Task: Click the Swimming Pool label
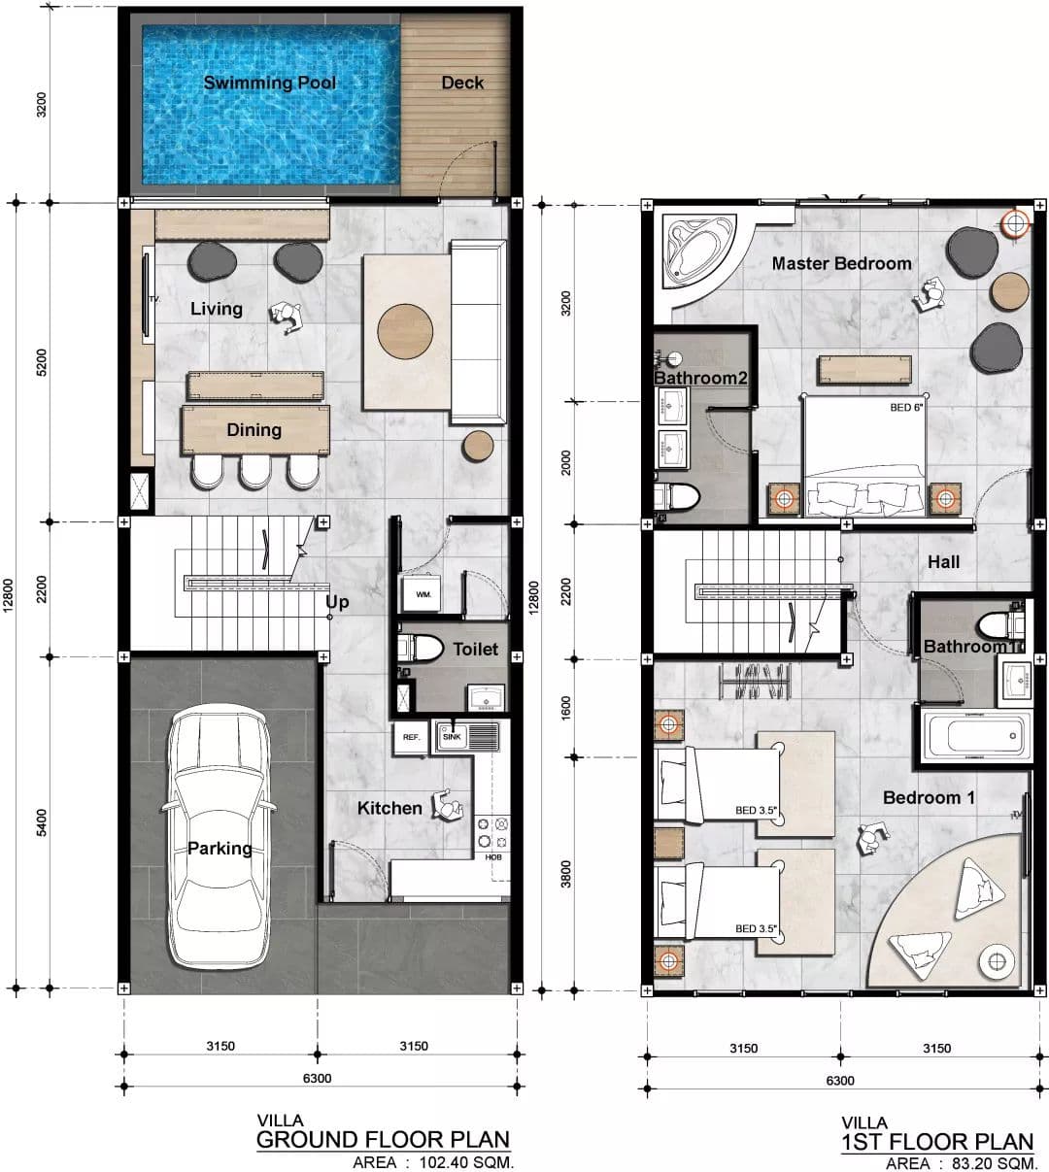pos(270,83)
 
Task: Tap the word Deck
pos(462,83)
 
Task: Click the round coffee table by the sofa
pos(405,331)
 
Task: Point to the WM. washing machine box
pos(422,593)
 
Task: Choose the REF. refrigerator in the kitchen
pos(411,738)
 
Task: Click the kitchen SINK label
pos(452,737)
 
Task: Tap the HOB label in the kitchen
pos(493,856)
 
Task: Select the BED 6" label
pos(906,407)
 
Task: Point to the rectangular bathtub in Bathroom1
pos(977,736)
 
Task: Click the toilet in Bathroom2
pos(677,497)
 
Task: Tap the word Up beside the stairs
pos(337,602)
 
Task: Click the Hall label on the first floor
pos(944,561)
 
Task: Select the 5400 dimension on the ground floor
pos(42,822)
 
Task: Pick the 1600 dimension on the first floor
pos(566,708)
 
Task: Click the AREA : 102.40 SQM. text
pos(433,1161)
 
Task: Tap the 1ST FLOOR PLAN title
pos(937,1142)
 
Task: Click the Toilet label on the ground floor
pos(476,649)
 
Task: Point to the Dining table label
pos(254,430)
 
